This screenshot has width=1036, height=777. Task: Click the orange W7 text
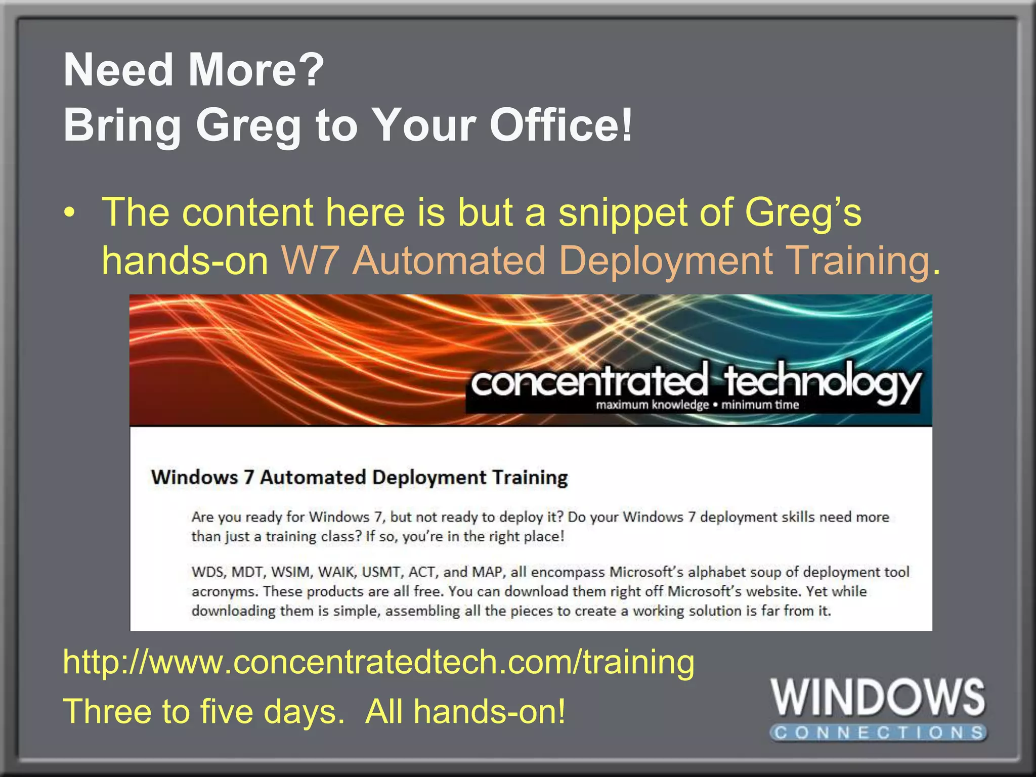tap(310, 261)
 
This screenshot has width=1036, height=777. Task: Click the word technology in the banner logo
tap(822, 382)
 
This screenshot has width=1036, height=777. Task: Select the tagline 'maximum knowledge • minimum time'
tap(697, 405)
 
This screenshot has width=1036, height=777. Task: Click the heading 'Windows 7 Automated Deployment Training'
tap(359, 478)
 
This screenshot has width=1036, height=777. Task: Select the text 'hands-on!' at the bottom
tap(489, 711)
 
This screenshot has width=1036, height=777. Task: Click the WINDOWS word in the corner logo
tap(878, 698)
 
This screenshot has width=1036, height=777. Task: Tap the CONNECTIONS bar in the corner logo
tap(878, 732)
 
